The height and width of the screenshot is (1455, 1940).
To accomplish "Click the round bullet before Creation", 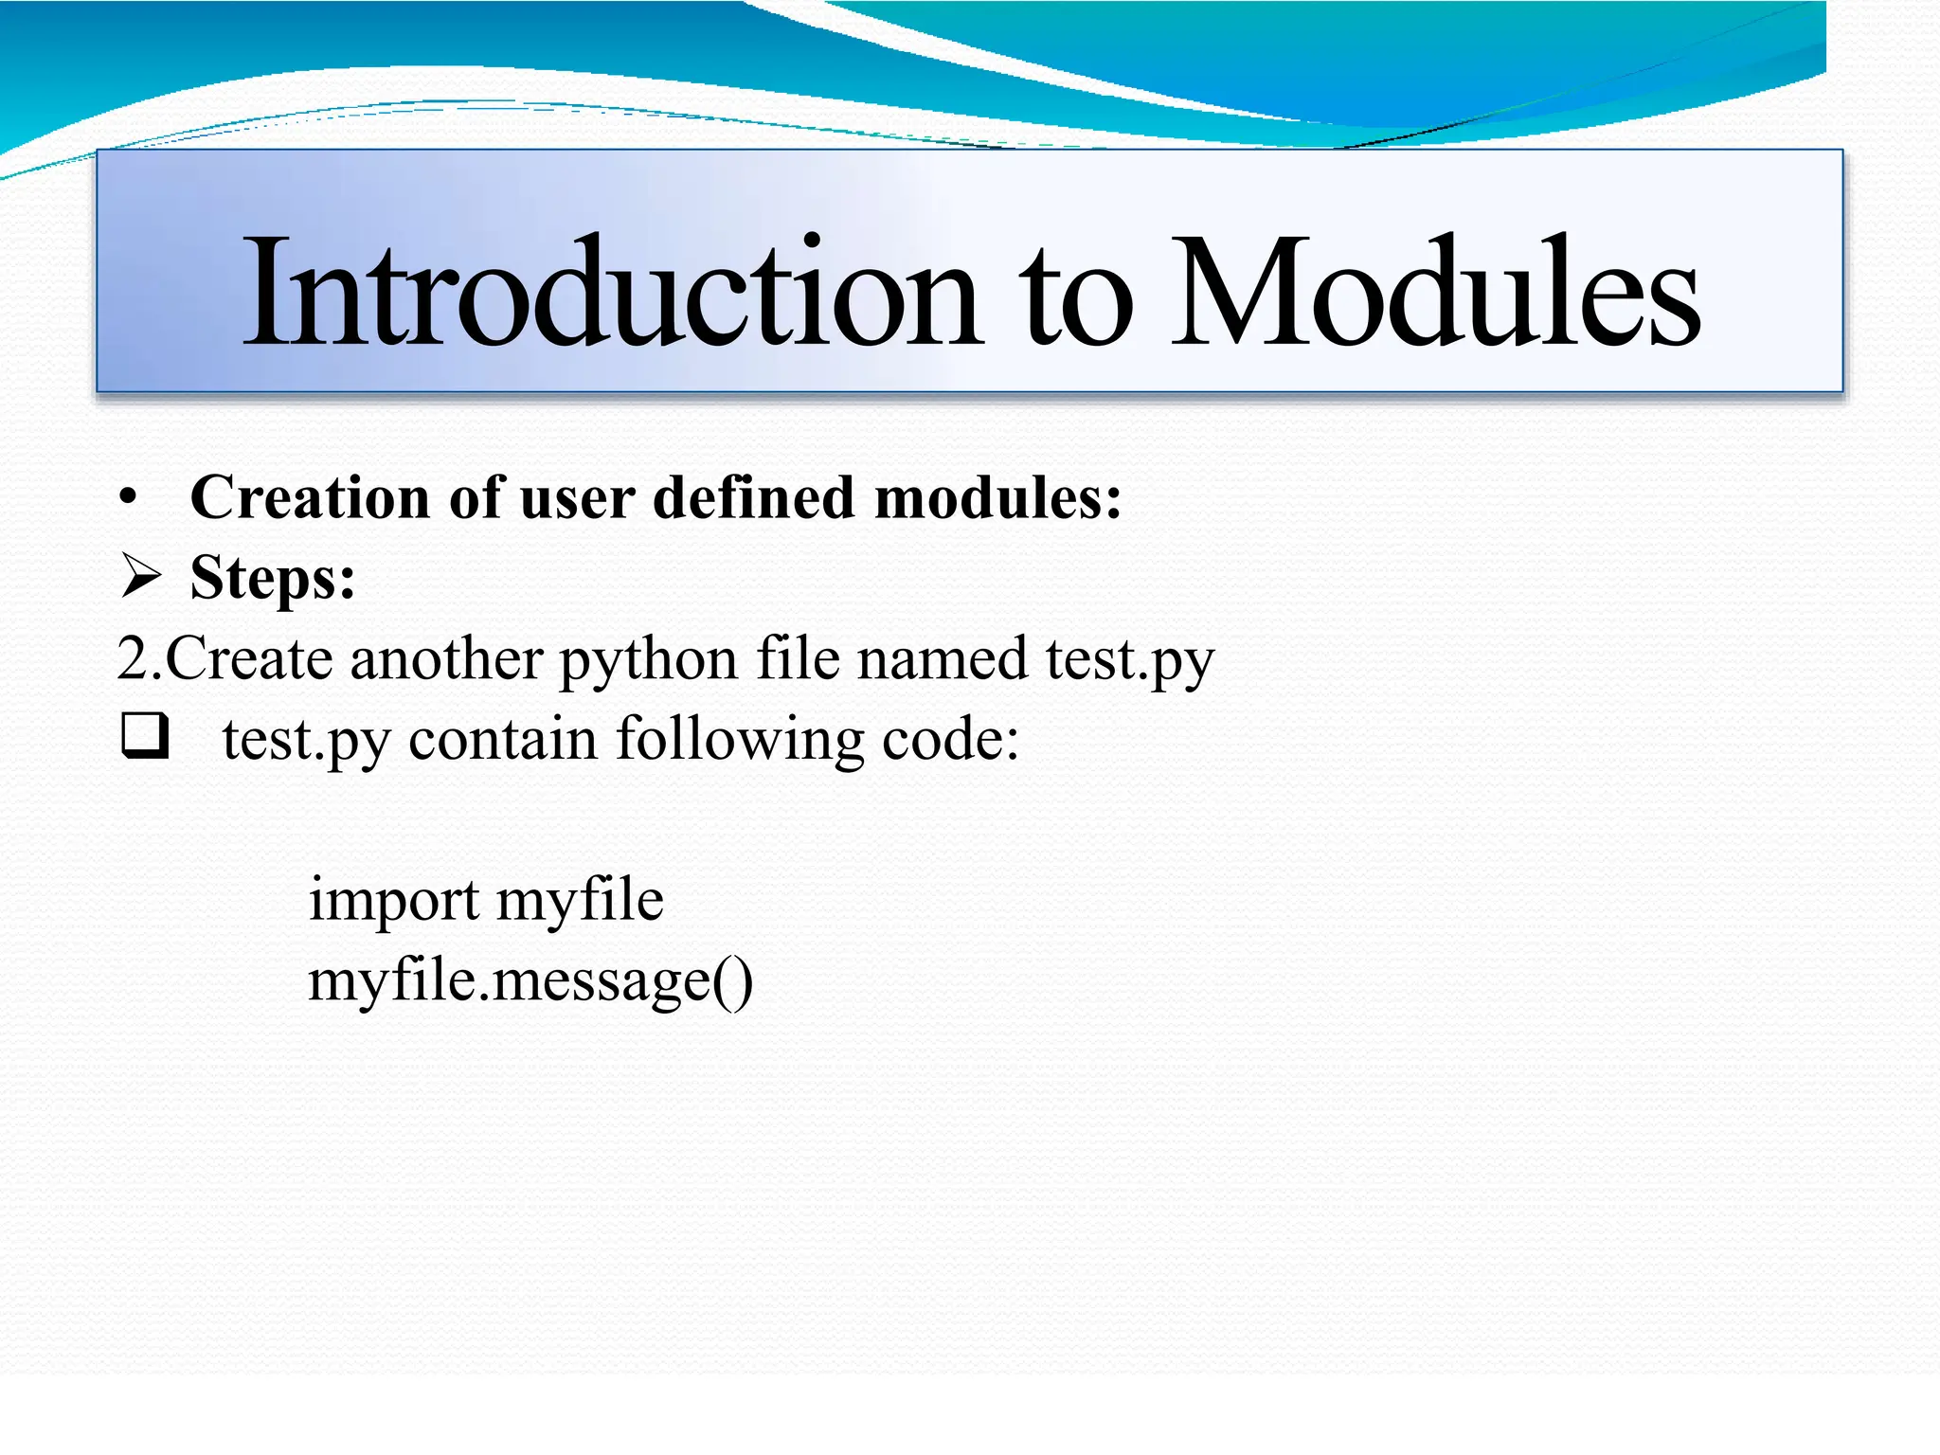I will click(129, 497).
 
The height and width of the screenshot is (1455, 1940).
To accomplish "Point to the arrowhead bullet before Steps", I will click(141, 576).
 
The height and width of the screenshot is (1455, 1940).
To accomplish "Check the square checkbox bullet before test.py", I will click(145, 736).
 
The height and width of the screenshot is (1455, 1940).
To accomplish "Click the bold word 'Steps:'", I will click(273, 578).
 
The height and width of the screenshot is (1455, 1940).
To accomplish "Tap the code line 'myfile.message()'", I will click(530, 981).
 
